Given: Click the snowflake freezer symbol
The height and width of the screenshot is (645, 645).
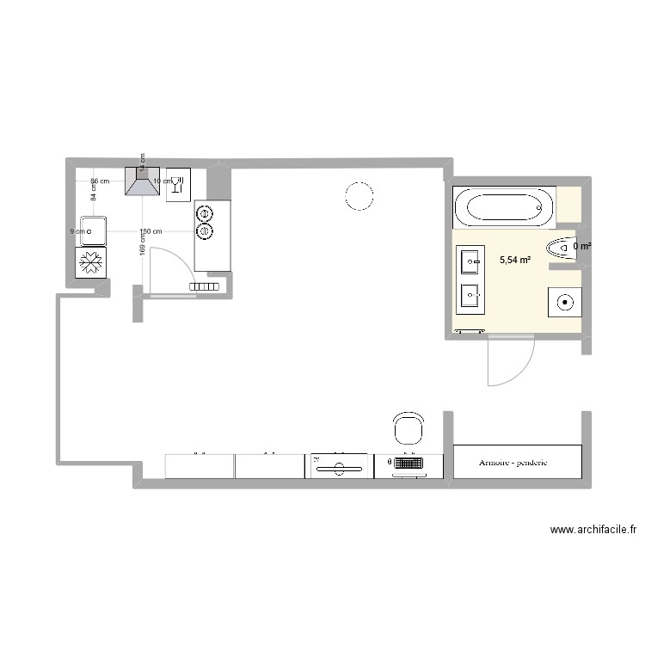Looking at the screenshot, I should point(89,263).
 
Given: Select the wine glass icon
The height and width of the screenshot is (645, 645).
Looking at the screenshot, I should point(179,183).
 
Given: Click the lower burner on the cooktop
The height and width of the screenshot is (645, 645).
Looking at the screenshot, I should point(205,230).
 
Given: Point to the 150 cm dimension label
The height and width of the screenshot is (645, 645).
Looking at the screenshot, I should point(150,231).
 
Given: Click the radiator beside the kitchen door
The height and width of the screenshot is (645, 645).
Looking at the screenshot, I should point(206,286).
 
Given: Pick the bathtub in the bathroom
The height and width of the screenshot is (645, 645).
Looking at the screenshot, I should point(504,207).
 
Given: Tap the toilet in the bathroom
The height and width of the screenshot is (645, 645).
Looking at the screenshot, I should point(562,246).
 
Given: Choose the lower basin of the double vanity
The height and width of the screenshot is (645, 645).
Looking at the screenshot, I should point(472,296).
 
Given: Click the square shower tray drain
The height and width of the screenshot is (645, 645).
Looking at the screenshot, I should point(565,301).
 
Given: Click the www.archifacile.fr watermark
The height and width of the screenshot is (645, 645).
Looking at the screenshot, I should point(593,531).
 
